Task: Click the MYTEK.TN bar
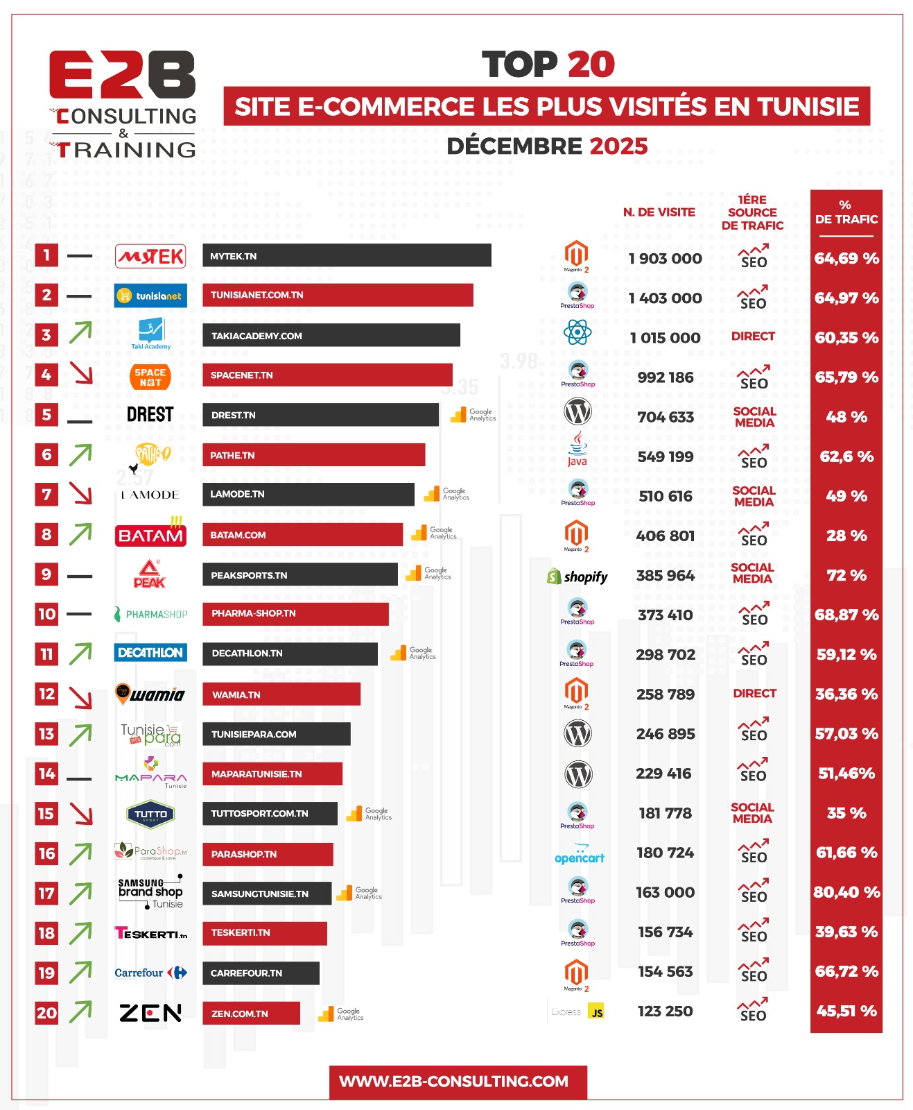347,255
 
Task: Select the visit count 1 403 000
665,298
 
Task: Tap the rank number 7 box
46,495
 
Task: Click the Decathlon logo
150,653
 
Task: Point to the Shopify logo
577,577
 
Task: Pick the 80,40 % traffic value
846,892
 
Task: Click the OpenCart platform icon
580,854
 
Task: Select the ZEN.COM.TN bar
251,1013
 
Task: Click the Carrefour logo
150,973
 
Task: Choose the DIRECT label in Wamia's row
754,693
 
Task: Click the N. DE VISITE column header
659,212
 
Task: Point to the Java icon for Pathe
577,448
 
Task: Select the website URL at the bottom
454,1082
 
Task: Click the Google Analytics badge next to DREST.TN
473,415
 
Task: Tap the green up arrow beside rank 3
80,334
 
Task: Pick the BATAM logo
150,534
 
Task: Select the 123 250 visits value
665,1011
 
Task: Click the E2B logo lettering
123,74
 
